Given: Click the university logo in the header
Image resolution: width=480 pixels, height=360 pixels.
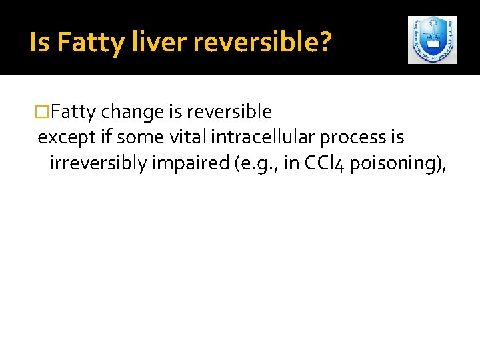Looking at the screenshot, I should [x=432, y=40].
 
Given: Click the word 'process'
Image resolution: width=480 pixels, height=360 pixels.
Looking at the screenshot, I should [x=354, y=137].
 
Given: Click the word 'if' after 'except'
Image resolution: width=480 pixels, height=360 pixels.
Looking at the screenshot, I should [x=103, y=137].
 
